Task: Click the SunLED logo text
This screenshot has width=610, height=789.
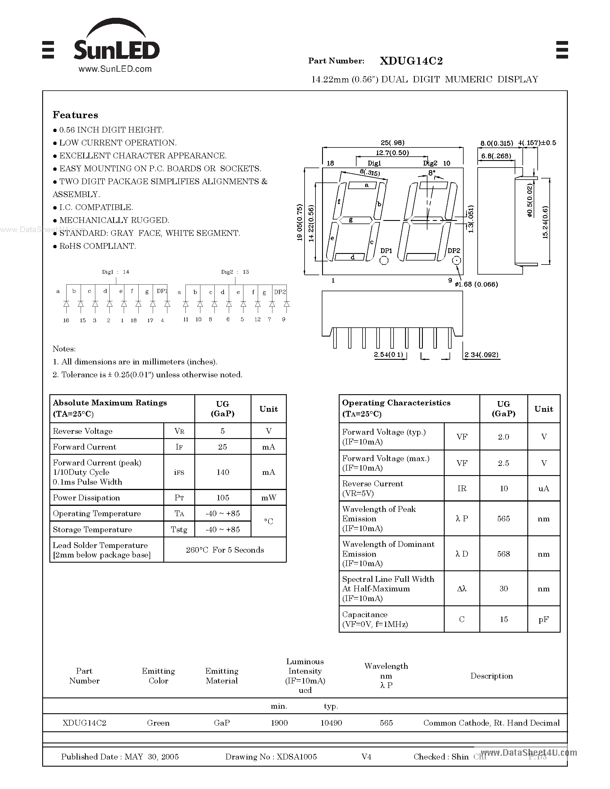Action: (116, 50)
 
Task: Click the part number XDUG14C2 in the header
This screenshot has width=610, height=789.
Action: (411, 61)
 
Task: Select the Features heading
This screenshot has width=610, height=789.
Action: (75, 115)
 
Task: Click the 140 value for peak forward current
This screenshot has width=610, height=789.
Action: (222, 472)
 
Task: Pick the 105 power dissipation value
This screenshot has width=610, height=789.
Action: (222, 498)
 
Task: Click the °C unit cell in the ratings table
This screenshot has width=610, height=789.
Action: (268, 521)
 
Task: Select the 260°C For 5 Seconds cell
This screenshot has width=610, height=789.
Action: (225, 550)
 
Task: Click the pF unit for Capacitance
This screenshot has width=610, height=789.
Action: (543, 619)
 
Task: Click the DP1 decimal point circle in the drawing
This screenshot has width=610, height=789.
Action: (384, 260)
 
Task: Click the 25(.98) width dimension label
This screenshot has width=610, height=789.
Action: (392, 143)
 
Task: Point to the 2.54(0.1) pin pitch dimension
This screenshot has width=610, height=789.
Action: (388, 354)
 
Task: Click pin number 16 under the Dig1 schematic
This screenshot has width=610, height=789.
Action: (66, 320)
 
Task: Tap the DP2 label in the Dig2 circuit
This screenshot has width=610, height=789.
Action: (280, 292)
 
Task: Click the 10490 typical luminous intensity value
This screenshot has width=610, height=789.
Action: (331, 723)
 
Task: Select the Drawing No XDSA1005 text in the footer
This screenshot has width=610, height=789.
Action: (271, 757)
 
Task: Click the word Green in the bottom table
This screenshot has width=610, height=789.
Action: (158, 723)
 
